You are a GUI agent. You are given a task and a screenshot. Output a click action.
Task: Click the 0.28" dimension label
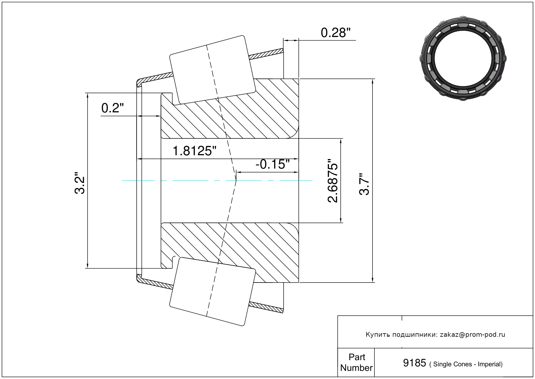tap(335, 33)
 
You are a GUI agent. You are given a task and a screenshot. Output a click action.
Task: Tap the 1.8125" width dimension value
tap(194, 151)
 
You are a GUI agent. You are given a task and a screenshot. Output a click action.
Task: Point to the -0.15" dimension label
tap(273, 164)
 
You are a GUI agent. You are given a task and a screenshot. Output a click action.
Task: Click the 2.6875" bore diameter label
tap(333, 181)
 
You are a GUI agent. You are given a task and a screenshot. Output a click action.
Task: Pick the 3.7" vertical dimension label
tap(364, 184)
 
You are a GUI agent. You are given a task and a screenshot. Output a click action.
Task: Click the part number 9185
tap(414, 363)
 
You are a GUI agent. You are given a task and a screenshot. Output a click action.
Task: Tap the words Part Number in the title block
tap(357, 362)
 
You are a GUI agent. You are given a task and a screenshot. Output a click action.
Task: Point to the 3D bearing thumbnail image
tap(463, 58)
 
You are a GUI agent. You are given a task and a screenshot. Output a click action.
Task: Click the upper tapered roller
tap(213, 70)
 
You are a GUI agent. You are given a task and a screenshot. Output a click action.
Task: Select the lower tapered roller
tap(213, 292)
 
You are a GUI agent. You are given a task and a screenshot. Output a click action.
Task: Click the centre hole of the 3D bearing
tap(463, 58)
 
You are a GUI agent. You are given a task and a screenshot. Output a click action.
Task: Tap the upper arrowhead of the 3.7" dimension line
tap(372, 81)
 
